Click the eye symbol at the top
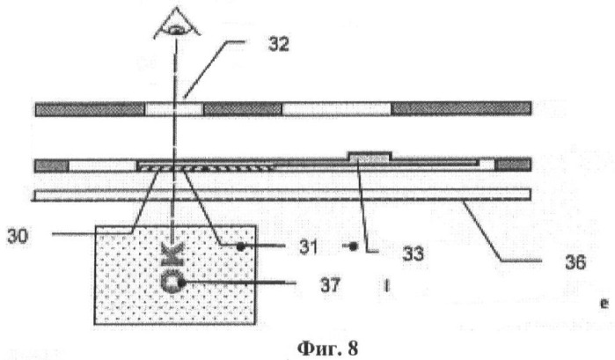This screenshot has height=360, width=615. [x=177, y=25]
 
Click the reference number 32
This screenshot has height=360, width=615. [x=279, y=44]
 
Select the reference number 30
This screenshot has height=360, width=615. [x=18, y=237]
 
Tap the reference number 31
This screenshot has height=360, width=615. [x=308, y=247]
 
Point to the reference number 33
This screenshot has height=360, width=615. [x=413, y=254]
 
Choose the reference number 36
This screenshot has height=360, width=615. [x=575, y=261]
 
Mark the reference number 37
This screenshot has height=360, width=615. [x=329, y=285]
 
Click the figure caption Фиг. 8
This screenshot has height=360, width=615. [x=327, y=348]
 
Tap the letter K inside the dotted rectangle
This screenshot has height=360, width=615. [x=172, y=253]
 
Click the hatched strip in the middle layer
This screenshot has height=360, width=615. [x=207, y=168]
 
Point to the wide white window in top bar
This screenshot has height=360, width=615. [x=336, y=109]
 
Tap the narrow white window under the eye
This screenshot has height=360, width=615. [x=174, y=109]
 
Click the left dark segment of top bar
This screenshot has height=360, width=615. [x=91, y=109]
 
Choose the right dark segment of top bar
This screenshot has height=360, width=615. [x=461, y=108]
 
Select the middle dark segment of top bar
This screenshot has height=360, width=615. [x=242, y=109]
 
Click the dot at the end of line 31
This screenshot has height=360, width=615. [x=241, y=247]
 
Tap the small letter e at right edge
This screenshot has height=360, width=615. [x=604, y=304]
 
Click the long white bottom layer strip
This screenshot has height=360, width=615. [x=282, y=195]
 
